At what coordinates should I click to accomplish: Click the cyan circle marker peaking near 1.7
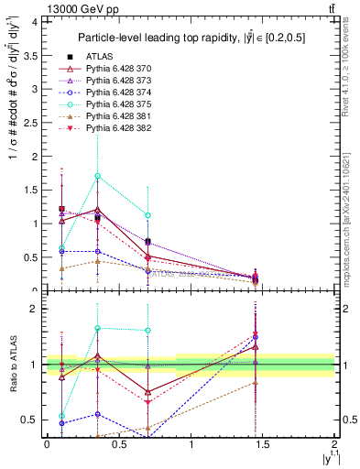(97, 176)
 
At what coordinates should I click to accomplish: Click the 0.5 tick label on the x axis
(119, 444)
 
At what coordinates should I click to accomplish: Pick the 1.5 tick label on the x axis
(263, 444)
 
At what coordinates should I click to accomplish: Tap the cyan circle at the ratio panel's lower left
(61, 416)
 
